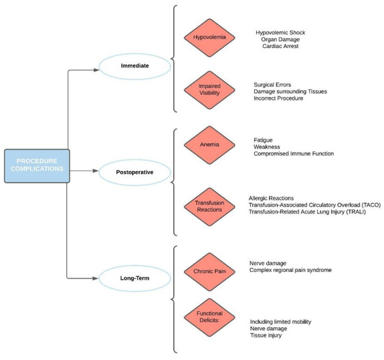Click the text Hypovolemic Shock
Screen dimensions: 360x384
tap(285, 32)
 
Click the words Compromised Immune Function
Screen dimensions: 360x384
tap(293, 153)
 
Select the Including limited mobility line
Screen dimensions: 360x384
tap(280, 322)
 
